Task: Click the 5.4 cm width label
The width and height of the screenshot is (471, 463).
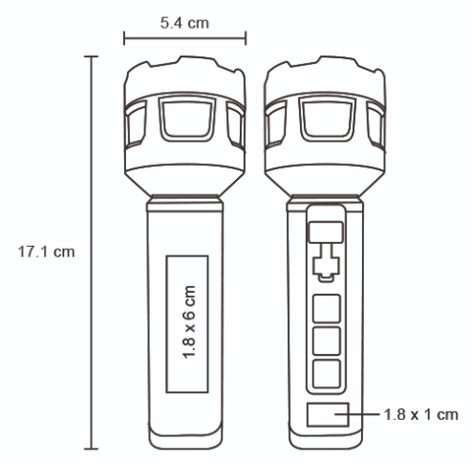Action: click(184, 23)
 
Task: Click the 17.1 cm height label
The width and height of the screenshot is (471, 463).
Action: click(47, 252)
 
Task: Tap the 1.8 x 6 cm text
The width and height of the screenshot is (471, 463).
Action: click(189, 322)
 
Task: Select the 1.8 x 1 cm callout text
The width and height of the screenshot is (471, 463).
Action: click(421, 414)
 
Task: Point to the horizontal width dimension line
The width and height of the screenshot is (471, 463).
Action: click(184, 38)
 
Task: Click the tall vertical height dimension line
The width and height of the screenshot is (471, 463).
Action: click(92, 253)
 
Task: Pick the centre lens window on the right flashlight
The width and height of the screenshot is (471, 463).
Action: click(327, 119)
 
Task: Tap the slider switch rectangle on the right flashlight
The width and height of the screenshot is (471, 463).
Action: click(326, 232)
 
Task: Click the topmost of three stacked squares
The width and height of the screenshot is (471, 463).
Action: click(327, 309)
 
